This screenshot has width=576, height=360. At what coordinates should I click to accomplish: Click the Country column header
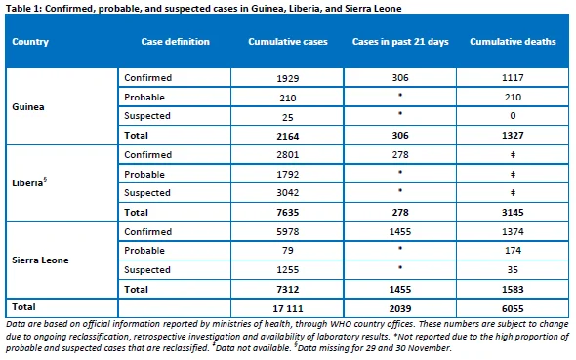[x=30, y=42]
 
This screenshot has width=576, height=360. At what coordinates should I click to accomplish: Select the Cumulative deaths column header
[x=513, y=42]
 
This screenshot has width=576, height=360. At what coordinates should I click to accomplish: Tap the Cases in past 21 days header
[x=400, y=42]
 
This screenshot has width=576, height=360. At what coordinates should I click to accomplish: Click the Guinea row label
[x=28, y=106]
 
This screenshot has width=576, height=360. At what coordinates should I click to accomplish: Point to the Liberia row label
[x=29, y=182]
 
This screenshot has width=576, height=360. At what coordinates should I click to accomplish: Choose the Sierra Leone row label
[x=40, y=260]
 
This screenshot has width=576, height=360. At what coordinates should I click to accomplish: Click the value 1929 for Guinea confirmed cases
[x=288, y=78]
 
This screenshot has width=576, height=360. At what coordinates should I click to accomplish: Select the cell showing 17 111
[x=288, y=308]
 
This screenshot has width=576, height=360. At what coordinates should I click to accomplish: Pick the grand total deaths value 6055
[x=513, y=308]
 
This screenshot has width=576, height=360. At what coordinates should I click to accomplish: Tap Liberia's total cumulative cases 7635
[x=288, y=212]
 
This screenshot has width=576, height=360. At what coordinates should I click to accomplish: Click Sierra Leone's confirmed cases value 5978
[x=288, y=231]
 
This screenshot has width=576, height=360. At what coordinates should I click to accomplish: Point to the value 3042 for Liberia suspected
[x=288, y=192]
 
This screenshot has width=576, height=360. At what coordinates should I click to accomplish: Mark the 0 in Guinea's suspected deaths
[x=513, y=116]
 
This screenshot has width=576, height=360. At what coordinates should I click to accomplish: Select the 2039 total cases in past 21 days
[x=400, y=308]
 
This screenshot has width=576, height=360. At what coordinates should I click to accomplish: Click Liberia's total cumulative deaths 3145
[x=513, y=212]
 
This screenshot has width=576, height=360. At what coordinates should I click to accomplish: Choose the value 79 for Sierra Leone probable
[x=288, y=251]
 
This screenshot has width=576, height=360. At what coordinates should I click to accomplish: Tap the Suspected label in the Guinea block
[x=147, y=116]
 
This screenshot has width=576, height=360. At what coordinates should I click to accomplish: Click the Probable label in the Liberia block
[x=144, y=174]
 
